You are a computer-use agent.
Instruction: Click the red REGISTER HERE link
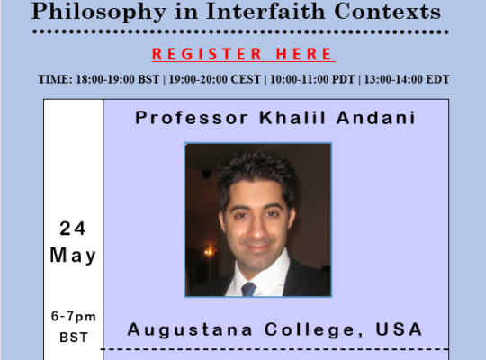pyautogui.click(x=244, y=54)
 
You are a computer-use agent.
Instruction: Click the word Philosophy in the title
pyautogui.click(x=99, y=13)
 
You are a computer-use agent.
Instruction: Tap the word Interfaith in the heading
pyautogui.click(x=265, y=11)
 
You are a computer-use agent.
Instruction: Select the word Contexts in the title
pyautogui.click(x=387, y=12)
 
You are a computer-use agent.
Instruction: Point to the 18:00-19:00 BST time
pyautogui.click(x=118, y=79)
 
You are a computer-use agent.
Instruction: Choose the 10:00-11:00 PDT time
pyautogui.click(x=312, y=79)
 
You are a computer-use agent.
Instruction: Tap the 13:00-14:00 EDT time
pyautogui.click(x=407, y=79)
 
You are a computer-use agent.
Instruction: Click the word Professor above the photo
pyautogui.click(x=192, y=118)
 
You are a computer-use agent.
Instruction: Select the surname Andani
pyautogui.click(x=376, y=118)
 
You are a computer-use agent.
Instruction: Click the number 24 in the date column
pyautogui.click(x=72, y=229)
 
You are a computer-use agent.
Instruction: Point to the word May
pyautogui.click(x=73, y=256)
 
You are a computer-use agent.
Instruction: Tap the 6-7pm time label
pyautogui.click(x=74, y=317)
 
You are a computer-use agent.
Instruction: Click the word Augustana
pyautogui.click(x=190, y=329)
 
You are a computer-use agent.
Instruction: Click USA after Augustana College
pyautogui.click(x=399, y=329)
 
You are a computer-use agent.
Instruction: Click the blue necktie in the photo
pyautogui.click(x=248, y=289)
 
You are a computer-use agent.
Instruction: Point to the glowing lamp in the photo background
pyautogui.click(x=210, y=251)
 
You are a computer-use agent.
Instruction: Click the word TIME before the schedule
pyautogui.click(x=55, y=79)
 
